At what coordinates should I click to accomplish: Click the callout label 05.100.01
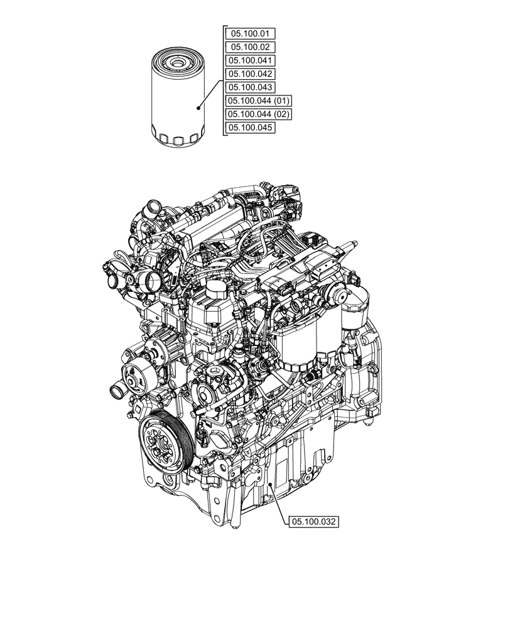[x=249, y=33]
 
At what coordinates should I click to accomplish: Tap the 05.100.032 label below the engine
[x=314, y=521]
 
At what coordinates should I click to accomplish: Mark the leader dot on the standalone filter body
[x=197, y=107]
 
